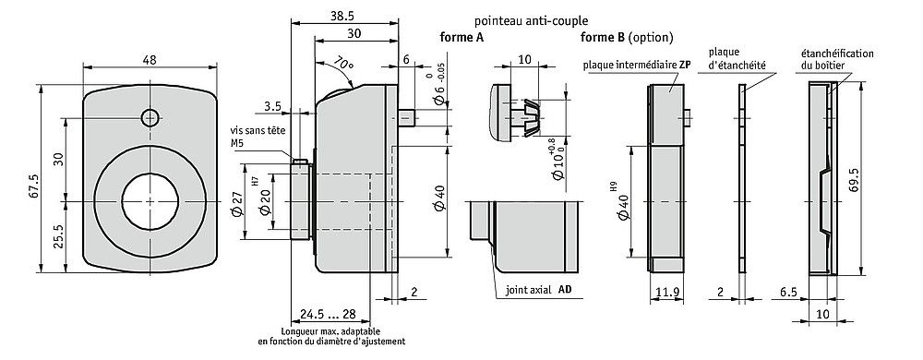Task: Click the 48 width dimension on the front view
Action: click(x=150, y=59)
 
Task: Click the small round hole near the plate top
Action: click(x=150, y=116)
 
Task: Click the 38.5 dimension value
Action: click(x=344, y=16)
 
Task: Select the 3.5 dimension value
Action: click(x=271, y=107)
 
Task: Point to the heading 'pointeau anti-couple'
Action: click(x=531, y=20)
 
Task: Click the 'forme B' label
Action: click(x=602, y=38)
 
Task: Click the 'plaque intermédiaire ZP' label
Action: click(x=637, y=66)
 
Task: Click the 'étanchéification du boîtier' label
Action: click(x=837, y=59)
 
